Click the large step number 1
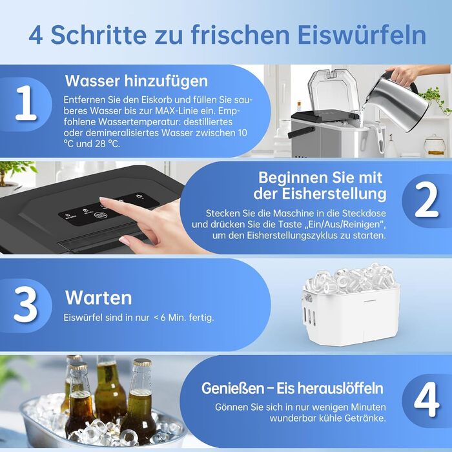26,103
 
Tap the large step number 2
427,200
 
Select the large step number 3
25,305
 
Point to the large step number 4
427,400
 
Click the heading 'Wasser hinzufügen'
136,81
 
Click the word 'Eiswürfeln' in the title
362,35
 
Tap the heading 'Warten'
99,298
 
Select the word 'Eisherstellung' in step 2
334,194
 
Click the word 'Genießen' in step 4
232,388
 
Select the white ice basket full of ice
352,304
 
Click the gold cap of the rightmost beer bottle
143,362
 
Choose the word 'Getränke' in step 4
366,418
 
